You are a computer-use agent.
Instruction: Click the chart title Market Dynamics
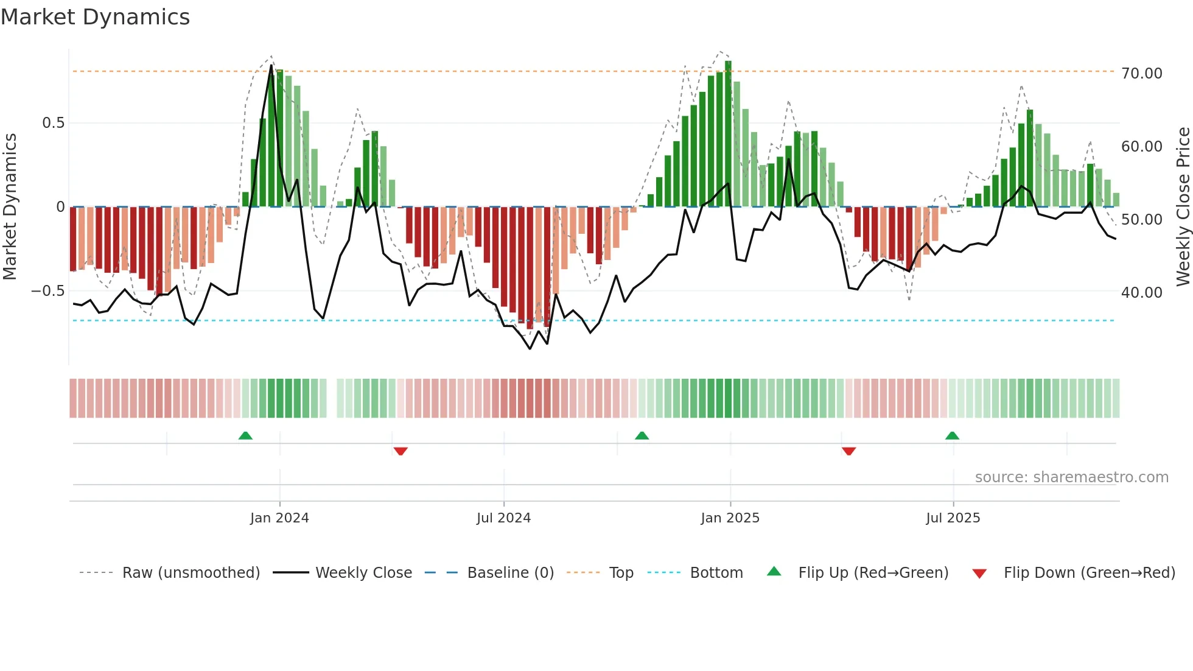pyautogui.click(x=95, y=17)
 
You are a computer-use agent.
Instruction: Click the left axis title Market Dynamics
pyautogui.click(x=10, y=206)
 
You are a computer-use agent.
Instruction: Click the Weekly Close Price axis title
pyautogui.click(x=1183, y=206)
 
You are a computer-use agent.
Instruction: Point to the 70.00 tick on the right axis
pyautogui.click(x=1141, y=74)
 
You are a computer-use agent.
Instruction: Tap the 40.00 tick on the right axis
pyautogui.click(x=1141, y=293)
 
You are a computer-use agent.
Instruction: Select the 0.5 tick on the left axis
pyautogui.click(x=53, y=123)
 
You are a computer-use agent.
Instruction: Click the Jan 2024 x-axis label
pyautogui.click(x=279, y=518)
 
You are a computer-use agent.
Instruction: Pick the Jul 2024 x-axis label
pyautogui.click(x=503, y=518)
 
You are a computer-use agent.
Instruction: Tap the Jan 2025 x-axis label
pyautogui.click(x=730, y=518)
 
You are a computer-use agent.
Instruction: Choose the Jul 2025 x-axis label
pyautogui.click(x=953, y=518)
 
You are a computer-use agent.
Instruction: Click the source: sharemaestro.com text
pyautogui.click(x=1071, y=477)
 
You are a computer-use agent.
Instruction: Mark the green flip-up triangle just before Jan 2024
pyautogui.click(x=245, y=436)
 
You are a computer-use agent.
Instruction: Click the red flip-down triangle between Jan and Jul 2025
pyautogui.click(x=848, y=451)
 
